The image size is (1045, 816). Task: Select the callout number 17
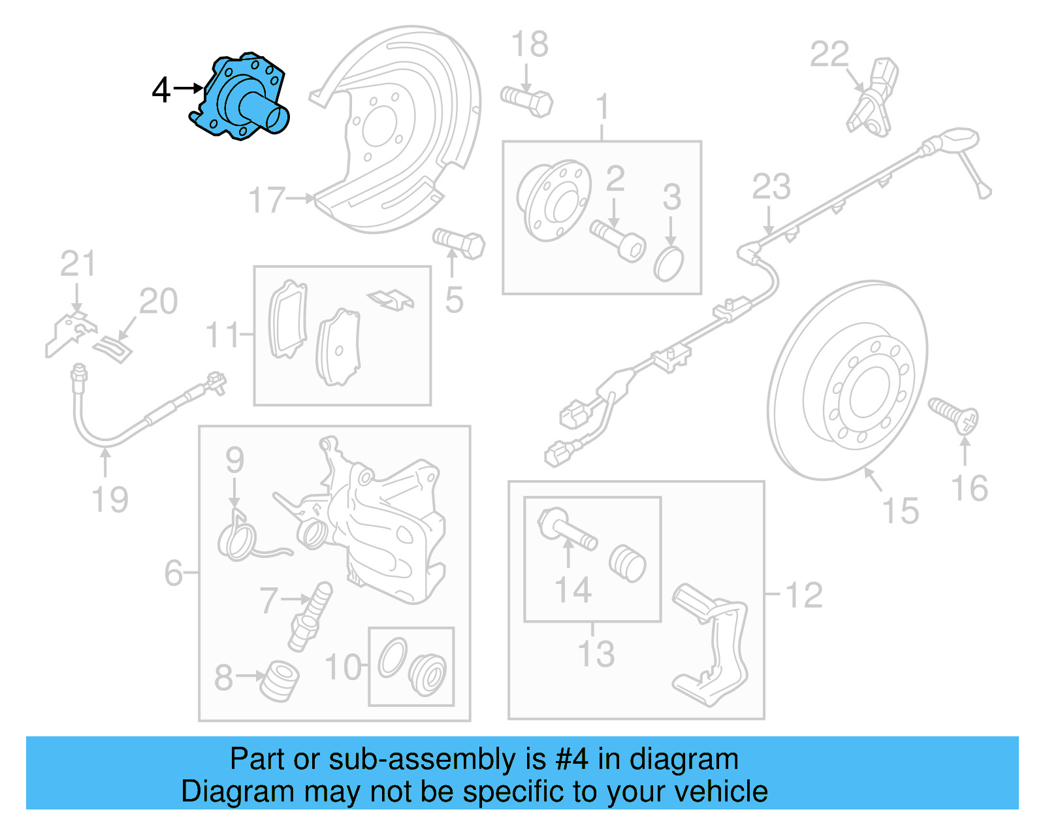tap(266, 200)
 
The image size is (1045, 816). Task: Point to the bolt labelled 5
tap(458, 244)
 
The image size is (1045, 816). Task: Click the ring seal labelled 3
tap(668, 264)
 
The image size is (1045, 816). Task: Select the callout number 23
tap(771, 187)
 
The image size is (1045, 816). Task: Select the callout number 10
tap(343, 667)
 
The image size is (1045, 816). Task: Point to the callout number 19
tap(110, 500)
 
